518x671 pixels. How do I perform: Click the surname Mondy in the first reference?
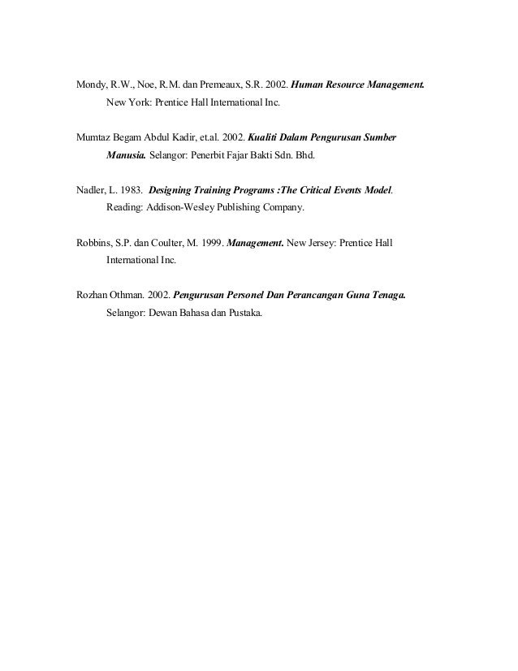pyautogui.click(x=91, y=84)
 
